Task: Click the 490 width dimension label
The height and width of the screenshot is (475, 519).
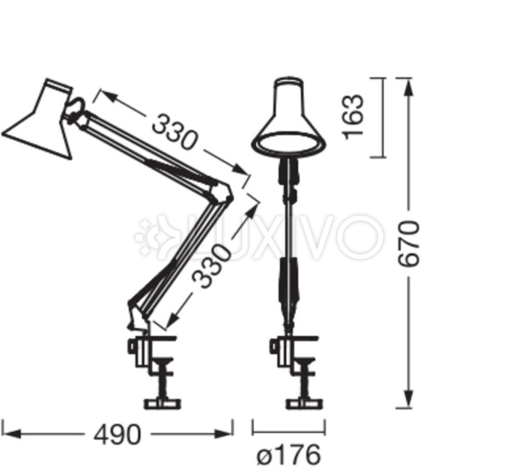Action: tap(117, 434)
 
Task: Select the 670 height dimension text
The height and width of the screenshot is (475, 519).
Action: tap(410, 243)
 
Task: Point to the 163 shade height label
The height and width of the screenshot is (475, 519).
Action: tap(354, 117)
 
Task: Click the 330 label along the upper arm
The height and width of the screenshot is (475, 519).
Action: tap(174, 132)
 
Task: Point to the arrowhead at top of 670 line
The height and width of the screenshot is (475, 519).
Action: tap(409, 87)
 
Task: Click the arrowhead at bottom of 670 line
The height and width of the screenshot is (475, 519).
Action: tap(409, 398)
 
